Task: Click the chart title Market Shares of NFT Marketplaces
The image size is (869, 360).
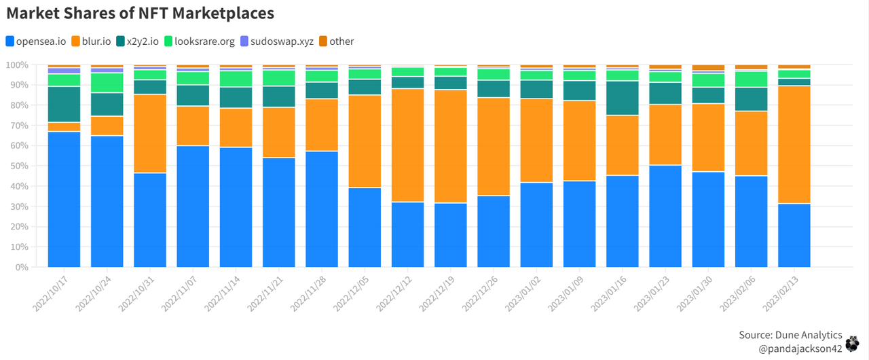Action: pyautogui.click(x=140, y=13)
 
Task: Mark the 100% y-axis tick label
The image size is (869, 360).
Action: pyautogui.click(x=16, y=65)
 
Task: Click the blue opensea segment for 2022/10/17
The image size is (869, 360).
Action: pyautogui.click(x=64, y=199)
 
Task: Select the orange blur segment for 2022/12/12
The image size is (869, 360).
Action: pyautogui.click(x=408, y=145)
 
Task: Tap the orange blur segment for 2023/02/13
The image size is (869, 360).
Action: pyautogui.click(x=794, y=144)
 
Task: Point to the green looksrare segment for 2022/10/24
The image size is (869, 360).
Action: pyautogui.click(x=107, y=82)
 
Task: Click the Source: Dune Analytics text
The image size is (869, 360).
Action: pyautogui.click(x=790, y=336)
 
